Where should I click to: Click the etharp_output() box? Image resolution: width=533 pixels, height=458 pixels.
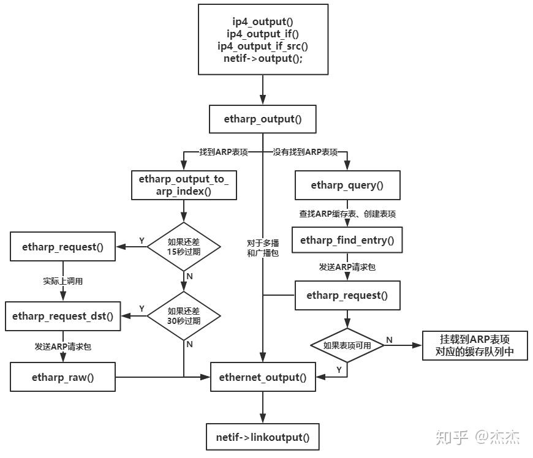pos(263,119)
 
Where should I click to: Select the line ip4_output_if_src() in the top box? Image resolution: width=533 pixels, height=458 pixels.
pos(263,47)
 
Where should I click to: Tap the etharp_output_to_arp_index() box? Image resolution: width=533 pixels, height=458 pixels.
pos(184,185)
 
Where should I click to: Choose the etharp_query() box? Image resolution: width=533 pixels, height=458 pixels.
pos(347,185)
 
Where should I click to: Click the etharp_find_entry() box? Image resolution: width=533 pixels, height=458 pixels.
pos(347,240)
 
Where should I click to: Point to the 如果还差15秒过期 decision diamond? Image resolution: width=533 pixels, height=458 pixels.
pos(184,247)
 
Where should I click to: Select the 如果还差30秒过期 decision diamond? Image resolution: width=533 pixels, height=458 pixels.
pos(184,315)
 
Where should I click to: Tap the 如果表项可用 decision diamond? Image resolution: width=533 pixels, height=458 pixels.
pos(347,345)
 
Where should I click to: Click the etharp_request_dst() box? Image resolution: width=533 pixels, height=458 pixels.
pos(63,316)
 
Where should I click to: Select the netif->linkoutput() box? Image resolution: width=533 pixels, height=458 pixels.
pos(263,437)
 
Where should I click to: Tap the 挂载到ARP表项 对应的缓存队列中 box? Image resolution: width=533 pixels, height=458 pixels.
pos(475,345)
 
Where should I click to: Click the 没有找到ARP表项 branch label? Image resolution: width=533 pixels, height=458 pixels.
pos(305,151)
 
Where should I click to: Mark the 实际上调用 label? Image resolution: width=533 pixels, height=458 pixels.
pos(63,281)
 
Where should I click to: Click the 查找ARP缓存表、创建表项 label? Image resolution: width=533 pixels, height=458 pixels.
pos(347,214)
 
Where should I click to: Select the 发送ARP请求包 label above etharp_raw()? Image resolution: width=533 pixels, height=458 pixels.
pos(63,347)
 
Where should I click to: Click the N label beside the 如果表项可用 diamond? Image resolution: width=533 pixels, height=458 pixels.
pos(389,339)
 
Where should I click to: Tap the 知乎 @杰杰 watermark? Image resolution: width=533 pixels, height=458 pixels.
pos(478,437)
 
